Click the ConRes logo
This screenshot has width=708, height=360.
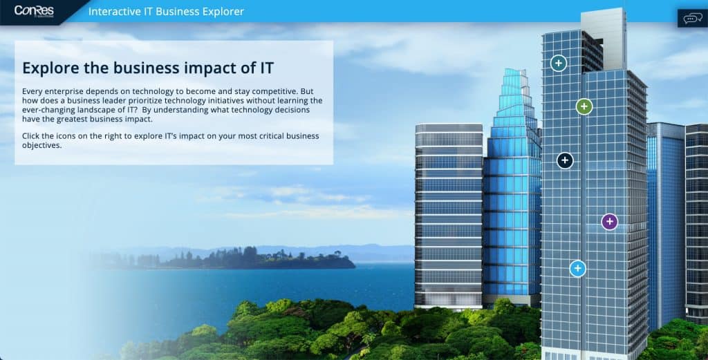pos(34,11)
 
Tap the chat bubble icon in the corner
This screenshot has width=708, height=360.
pos(692,19)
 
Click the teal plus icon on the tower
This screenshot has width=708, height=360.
pos(559,63)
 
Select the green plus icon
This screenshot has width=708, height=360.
pos(584,106)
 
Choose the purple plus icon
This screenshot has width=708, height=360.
pos(610,222)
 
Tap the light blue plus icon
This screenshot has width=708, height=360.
pos(577,268)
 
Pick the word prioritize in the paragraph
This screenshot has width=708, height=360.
pos(140,101)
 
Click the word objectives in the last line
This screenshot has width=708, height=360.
pos(41,146)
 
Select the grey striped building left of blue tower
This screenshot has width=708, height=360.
pos(449,216)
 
